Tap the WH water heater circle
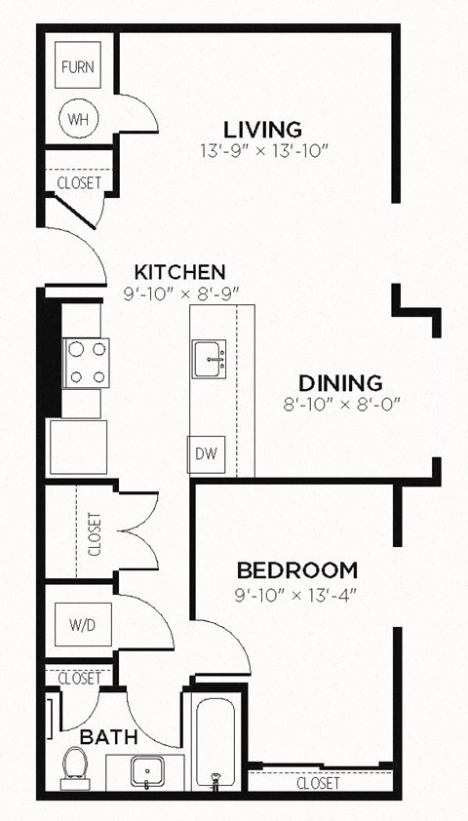tap(77, 119)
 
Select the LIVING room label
tap(262, 129)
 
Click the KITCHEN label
tap(180, 271)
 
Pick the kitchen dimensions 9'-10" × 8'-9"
tap(180, 292)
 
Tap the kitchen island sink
tap(210, 359)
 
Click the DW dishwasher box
tap(204, 452)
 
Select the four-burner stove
tap(86, 362)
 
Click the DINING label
tap(340, 383)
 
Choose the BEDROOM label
tap(297, 570)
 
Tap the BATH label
tap(107, 737)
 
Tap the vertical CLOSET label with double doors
tap(95, 533)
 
